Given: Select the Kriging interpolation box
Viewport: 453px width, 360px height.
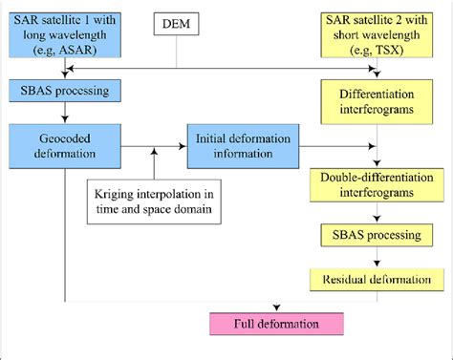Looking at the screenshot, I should [x=154, y=201].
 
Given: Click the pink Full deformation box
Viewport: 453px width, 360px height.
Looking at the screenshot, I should [x=274, y=323].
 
